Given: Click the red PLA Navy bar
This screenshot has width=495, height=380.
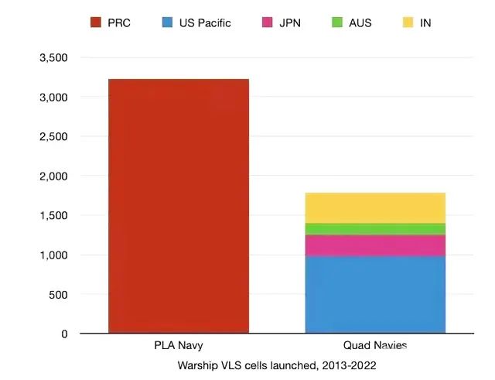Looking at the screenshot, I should click(179, 206).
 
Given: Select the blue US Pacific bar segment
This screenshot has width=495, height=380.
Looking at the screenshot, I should click(375, 294).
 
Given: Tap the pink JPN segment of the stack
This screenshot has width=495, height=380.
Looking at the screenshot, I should click(375, 245).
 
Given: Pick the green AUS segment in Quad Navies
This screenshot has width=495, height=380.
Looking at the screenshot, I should click(375, 228).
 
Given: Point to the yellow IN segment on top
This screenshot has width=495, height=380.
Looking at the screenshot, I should click(375, 207).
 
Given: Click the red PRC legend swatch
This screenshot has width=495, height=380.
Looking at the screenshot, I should click(97, 22).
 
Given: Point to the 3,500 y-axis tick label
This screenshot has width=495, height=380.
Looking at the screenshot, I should click(53, 58).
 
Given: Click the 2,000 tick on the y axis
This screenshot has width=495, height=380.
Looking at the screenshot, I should click(53, 176).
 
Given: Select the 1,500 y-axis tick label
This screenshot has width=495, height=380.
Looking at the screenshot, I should click(53, 216).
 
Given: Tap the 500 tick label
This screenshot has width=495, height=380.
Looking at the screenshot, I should click(59, 295).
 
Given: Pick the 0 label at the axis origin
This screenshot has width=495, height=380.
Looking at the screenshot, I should click(64, 334).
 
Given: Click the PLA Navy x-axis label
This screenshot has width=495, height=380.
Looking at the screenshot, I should click(179, 346).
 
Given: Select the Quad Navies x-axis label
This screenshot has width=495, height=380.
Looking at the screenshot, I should click(375, 346).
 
